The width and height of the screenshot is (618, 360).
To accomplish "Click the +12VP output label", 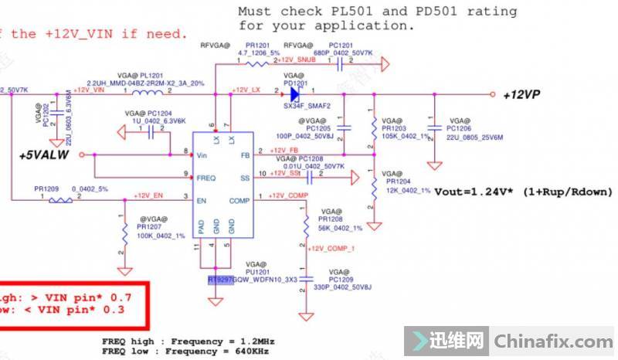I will pos(522,94).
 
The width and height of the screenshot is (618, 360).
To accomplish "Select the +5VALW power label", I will pos(46,155).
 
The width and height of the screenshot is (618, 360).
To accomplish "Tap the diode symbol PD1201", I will pos(294,94).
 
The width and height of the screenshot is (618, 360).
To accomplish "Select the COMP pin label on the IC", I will pos(239,200).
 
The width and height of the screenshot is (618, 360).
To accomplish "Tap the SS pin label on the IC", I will pos(244,177).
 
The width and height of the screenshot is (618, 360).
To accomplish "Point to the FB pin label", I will pos(245,155).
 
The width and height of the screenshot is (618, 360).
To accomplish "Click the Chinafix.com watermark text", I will pos(552,341).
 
